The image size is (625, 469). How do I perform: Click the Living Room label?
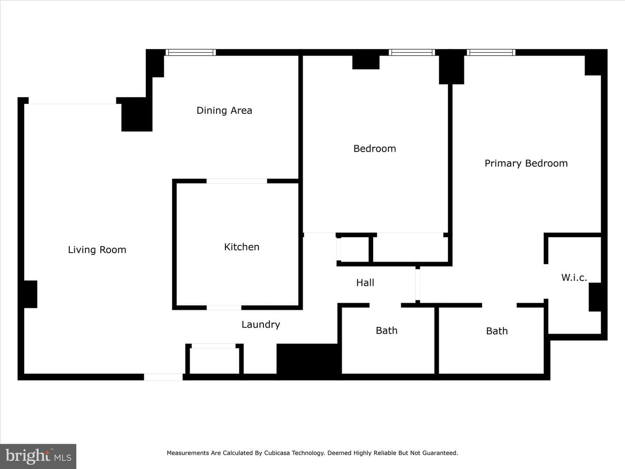[97, 250]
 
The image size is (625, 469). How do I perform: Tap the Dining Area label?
[224, 110]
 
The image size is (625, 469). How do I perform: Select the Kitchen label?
[242, 247]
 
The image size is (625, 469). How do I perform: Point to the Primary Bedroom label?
[526, 163]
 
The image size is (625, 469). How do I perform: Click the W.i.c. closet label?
[574, 277]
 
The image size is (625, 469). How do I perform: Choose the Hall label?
[365, 282]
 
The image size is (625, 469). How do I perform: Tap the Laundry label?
[261, 325]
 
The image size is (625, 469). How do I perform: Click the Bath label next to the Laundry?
[386, 330]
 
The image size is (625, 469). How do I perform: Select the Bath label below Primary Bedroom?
[497, 331]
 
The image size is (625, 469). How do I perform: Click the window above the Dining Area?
[191, 53]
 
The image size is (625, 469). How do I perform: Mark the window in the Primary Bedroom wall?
[491, 53]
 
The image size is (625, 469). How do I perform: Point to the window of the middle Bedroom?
[412, 53]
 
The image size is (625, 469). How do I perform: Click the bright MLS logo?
[38, 456]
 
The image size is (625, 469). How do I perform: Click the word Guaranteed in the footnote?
[440, 453]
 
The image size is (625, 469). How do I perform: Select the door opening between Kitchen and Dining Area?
[237, 181]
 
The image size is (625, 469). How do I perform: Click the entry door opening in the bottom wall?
[163, 377]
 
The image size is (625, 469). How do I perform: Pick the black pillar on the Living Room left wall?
[28, 294]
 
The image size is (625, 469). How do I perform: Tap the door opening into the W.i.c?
[546, 281]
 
